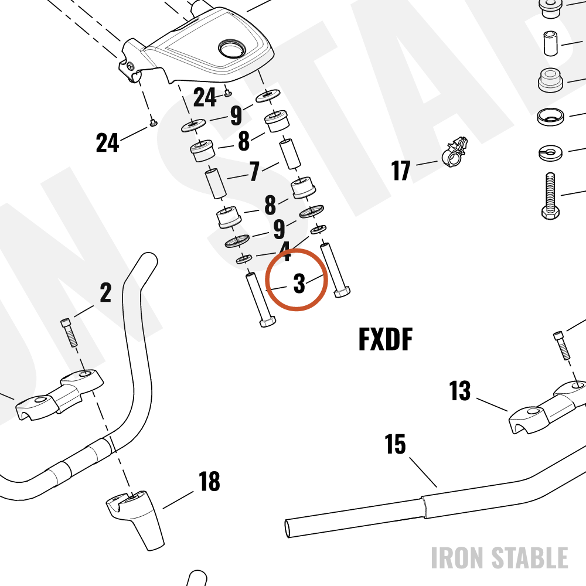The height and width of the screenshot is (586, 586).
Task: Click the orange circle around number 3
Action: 266,280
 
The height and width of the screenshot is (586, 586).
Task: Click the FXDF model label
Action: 386,339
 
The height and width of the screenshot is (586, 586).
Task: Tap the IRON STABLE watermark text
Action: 500,558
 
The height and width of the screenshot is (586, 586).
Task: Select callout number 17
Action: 401,171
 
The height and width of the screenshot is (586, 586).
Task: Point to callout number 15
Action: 395,444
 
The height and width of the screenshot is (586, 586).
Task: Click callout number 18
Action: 209,481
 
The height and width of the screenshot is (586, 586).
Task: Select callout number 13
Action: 459,391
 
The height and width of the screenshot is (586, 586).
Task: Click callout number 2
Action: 105,292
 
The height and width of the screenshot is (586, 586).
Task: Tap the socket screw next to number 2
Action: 69,332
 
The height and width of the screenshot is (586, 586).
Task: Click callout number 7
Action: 254,171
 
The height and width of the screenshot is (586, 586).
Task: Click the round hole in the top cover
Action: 232,49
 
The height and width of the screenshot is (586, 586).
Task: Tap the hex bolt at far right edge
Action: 550,196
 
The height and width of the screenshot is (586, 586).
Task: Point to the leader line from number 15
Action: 423,472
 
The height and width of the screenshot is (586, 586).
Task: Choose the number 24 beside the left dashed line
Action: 108,142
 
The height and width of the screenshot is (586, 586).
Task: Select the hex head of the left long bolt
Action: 268,321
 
